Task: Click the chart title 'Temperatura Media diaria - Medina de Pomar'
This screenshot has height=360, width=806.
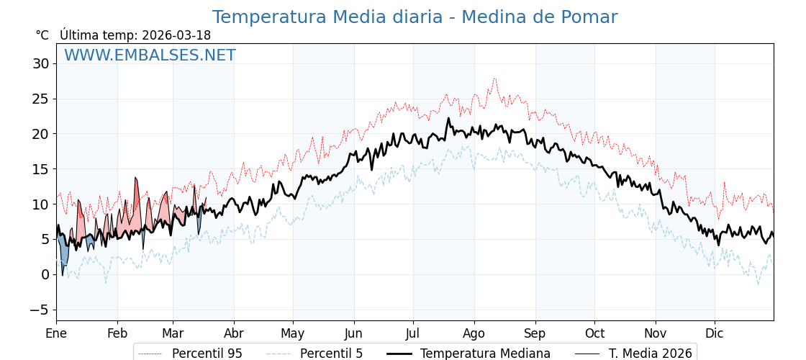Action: point(415,17)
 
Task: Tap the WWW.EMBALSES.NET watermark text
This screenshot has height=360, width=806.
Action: point(150,55)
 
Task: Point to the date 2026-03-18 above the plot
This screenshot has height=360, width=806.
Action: point(176,35)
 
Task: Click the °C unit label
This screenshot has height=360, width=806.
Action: point(42,35)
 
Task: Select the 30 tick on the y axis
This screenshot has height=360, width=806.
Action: point(40,63)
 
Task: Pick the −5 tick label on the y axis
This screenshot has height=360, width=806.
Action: point(40,310)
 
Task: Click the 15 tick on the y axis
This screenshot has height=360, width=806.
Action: point(40,169)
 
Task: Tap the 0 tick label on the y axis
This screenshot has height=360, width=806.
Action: point(45,274)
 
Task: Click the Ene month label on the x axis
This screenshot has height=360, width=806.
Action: point(56,333)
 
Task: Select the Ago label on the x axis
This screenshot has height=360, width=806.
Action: point(474,333)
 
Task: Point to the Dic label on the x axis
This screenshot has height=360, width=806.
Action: point(715,333)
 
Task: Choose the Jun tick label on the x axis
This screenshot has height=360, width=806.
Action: point(353,333)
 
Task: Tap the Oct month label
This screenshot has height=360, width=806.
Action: point(594,333)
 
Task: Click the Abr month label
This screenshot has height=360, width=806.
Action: point(234,333)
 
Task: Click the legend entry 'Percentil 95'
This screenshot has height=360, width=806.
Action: point(207,354)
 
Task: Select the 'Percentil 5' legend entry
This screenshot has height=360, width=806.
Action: point(331,354)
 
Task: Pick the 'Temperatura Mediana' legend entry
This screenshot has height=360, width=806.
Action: point(485,354)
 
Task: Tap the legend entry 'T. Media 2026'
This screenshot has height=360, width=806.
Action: point(650,354)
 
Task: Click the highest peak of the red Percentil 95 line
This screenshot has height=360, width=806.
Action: point(494,78)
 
